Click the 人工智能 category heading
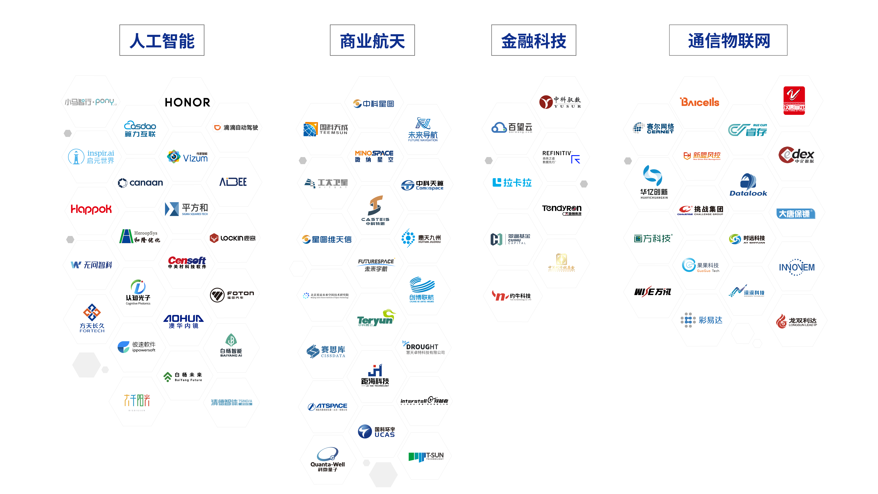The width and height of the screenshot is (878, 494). click(162, 41)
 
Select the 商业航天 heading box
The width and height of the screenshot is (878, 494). click(372, 41)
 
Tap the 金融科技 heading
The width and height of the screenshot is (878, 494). click(533, 41)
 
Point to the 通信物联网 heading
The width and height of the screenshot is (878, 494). click(728, 41)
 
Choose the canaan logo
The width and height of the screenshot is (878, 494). click(140, 183)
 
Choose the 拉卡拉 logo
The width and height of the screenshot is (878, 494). click(512, 183)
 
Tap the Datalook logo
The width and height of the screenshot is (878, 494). click(748, 185)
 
